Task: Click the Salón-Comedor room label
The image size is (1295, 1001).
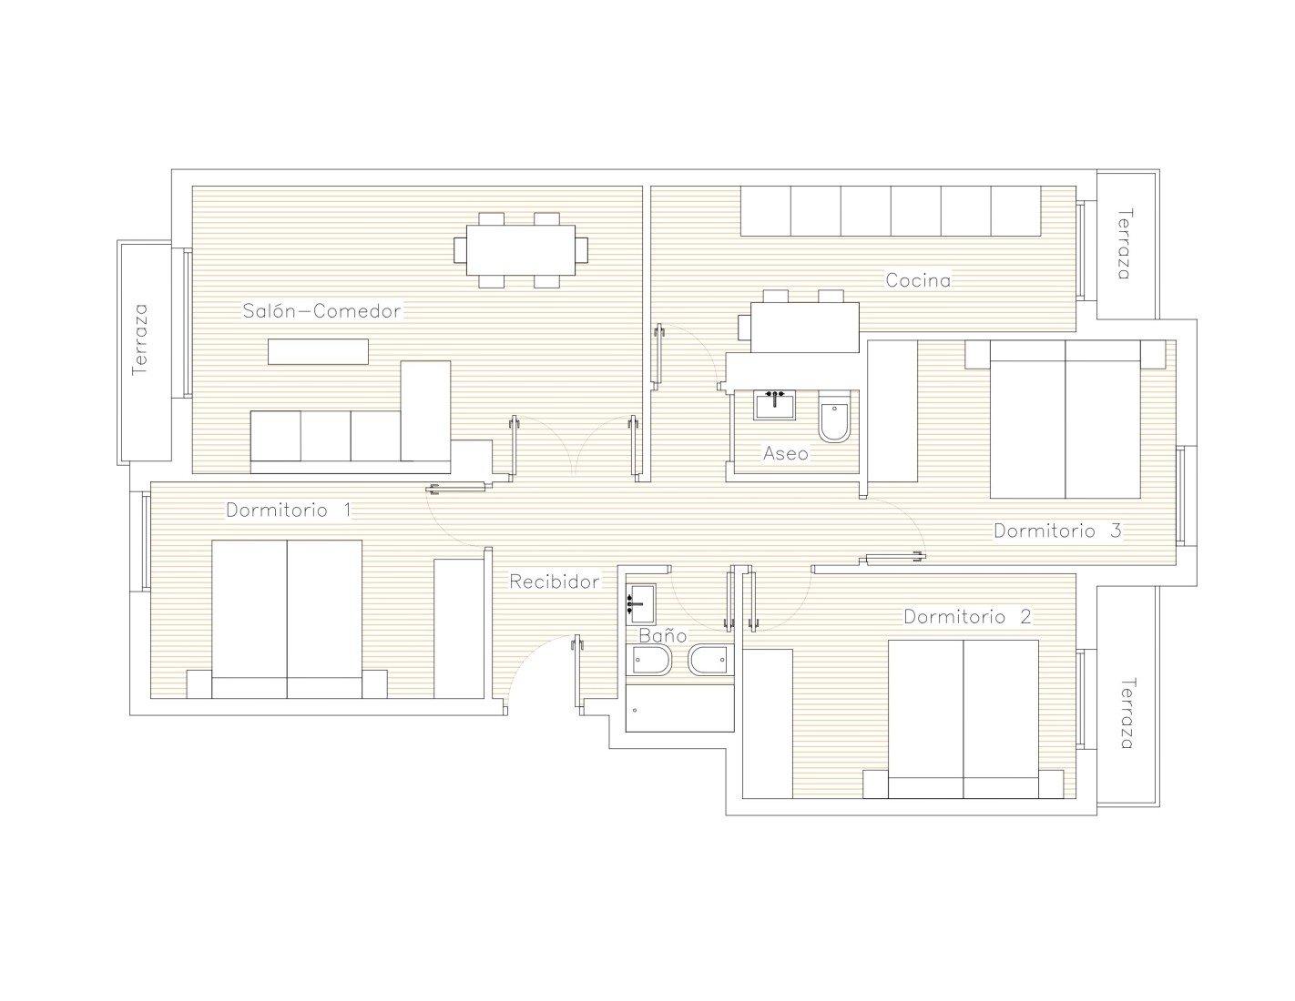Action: coord(321,311)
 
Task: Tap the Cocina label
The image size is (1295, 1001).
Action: coord(918,280)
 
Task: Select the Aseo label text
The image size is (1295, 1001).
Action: coord(785,454)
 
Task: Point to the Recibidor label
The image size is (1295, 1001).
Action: coord(555,581)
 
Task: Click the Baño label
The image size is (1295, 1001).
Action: coord(663,635)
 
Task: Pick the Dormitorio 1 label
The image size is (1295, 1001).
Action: coord(289,510)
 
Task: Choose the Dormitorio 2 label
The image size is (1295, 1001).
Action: coord(967,616)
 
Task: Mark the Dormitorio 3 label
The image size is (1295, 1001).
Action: coord(1057,531)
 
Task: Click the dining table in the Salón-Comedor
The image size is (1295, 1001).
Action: coord(520,250)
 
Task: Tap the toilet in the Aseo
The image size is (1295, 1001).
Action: coord(834,417)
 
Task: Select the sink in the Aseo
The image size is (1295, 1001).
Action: coord(774,405)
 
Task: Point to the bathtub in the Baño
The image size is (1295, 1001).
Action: coord(680,708)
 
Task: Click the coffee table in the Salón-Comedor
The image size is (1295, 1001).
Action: coord(318,351)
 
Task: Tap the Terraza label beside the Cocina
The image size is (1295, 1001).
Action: coord(1124,244)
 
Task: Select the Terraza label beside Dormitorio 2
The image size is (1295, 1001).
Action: coord(1126,713)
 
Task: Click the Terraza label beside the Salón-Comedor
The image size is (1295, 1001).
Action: coord(140,339)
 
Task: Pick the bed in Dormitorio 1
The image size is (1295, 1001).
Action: coord(287,620)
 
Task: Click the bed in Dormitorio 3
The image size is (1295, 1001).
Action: coord(1065,420)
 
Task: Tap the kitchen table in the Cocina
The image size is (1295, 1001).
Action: coord(804,327)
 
